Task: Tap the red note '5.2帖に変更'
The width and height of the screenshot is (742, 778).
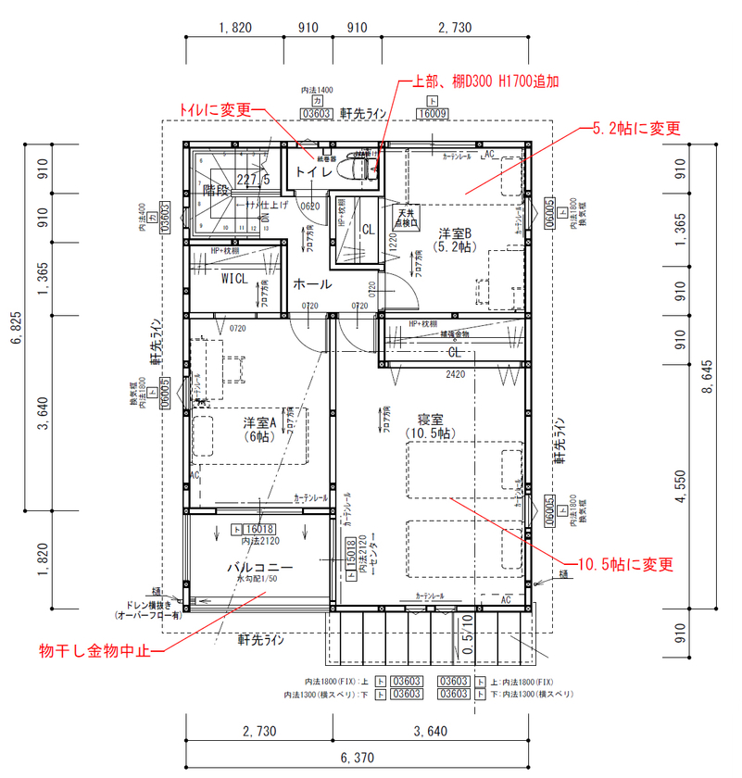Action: tap(636, 129)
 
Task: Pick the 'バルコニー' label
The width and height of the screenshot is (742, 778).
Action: tap(260, 567)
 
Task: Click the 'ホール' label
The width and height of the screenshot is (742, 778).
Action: tap(312, 284)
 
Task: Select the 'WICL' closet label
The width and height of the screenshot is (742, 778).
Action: tap(234, 278)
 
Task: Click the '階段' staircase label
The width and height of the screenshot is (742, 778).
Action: tap(216, 189)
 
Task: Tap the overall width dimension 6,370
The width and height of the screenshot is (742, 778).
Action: tap(357, 758)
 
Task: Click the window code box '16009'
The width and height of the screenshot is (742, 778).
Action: tap(432, 114)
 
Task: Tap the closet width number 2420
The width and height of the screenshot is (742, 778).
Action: tap(454, 376)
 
